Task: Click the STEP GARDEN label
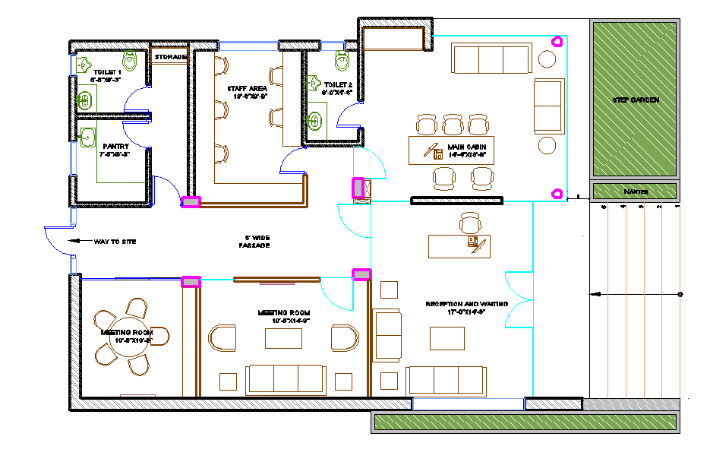coord(636,100)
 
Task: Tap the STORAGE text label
coord(169,57)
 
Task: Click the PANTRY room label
coord(115,146)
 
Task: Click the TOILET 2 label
coord(338,84)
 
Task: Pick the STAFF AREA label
coord(247,89)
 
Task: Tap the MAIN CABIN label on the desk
coord(466,147)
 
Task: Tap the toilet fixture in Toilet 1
coord(131,61)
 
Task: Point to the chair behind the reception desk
coord(470,223)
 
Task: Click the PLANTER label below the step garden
coord(635,191)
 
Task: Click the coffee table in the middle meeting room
coord(282,338)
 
